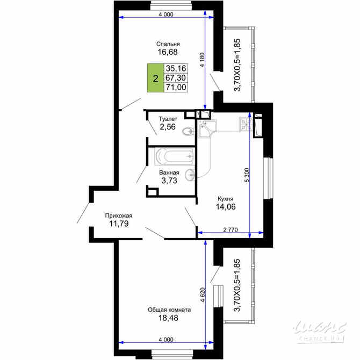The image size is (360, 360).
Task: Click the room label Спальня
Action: click(x=168, y=44)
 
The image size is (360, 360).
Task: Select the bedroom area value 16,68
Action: click(x=168, y=53)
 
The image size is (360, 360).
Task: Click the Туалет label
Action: click(x=168, y=119)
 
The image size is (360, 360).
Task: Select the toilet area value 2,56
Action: click(x=168, y=127)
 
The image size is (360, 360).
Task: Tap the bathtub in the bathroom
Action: click(x=173, y=157)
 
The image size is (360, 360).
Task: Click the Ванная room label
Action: click(x=169, y=172)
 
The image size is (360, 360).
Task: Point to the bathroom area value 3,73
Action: click(x=169, y=181)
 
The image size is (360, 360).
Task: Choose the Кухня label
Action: click(x=225, y=197)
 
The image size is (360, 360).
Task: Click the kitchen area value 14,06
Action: click(x=225, y=206)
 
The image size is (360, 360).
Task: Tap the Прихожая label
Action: click(x=118, y=215)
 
